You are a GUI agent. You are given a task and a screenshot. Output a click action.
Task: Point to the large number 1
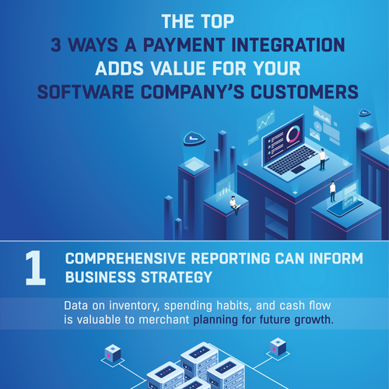(33, 269)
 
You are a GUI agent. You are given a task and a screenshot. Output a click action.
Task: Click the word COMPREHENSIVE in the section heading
(121, 259)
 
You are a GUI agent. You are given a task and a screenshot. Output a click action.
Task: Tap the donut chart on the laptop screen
(292, 135)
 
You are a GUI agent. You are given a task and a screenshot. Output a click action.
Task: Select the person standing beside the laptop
(322, 156)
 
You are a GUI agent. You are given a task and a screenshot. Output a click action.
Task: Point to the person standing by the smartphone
(332, 190)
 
